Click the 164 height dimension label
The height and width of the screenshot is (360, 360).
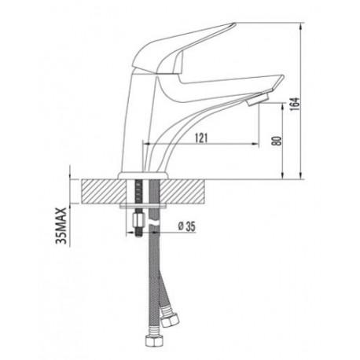coord(295,104)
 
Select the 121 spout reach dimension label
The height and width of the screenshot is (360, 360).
coord(201,138)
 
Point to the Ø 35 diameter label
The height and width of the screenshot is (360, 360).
coord(187,226)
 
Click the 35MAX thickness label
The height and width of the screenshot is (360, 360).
coord(61,226)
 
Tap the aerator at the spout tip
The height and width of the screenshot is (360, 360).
coord(258,100)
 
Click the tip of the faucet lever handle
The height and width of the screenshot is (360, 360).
coord(234,24)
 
